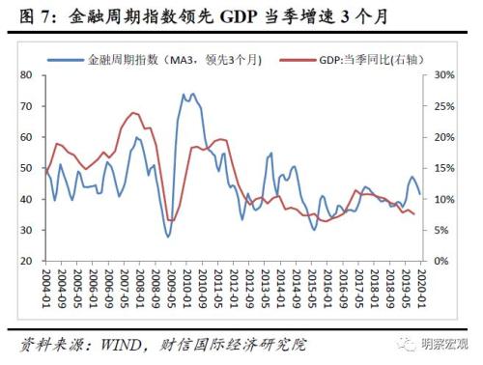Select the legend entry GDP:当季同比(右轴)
[x=366, y=59]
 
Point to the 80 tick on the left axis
[x=28, y=74]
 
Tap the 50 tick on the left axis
[x=28, y=168]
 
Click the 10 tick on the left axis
[x=28, y=293]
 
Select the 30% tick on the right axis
[x=441, y=74]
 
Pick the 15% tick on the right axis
[x=441, y=168]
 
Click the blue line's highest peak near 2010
[x=193, y=95]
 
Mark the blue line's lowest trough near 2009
[x=168, y=237]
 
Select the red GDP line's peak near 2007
[x=133, y=113]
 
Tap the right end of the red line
[x=415, y=214]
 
